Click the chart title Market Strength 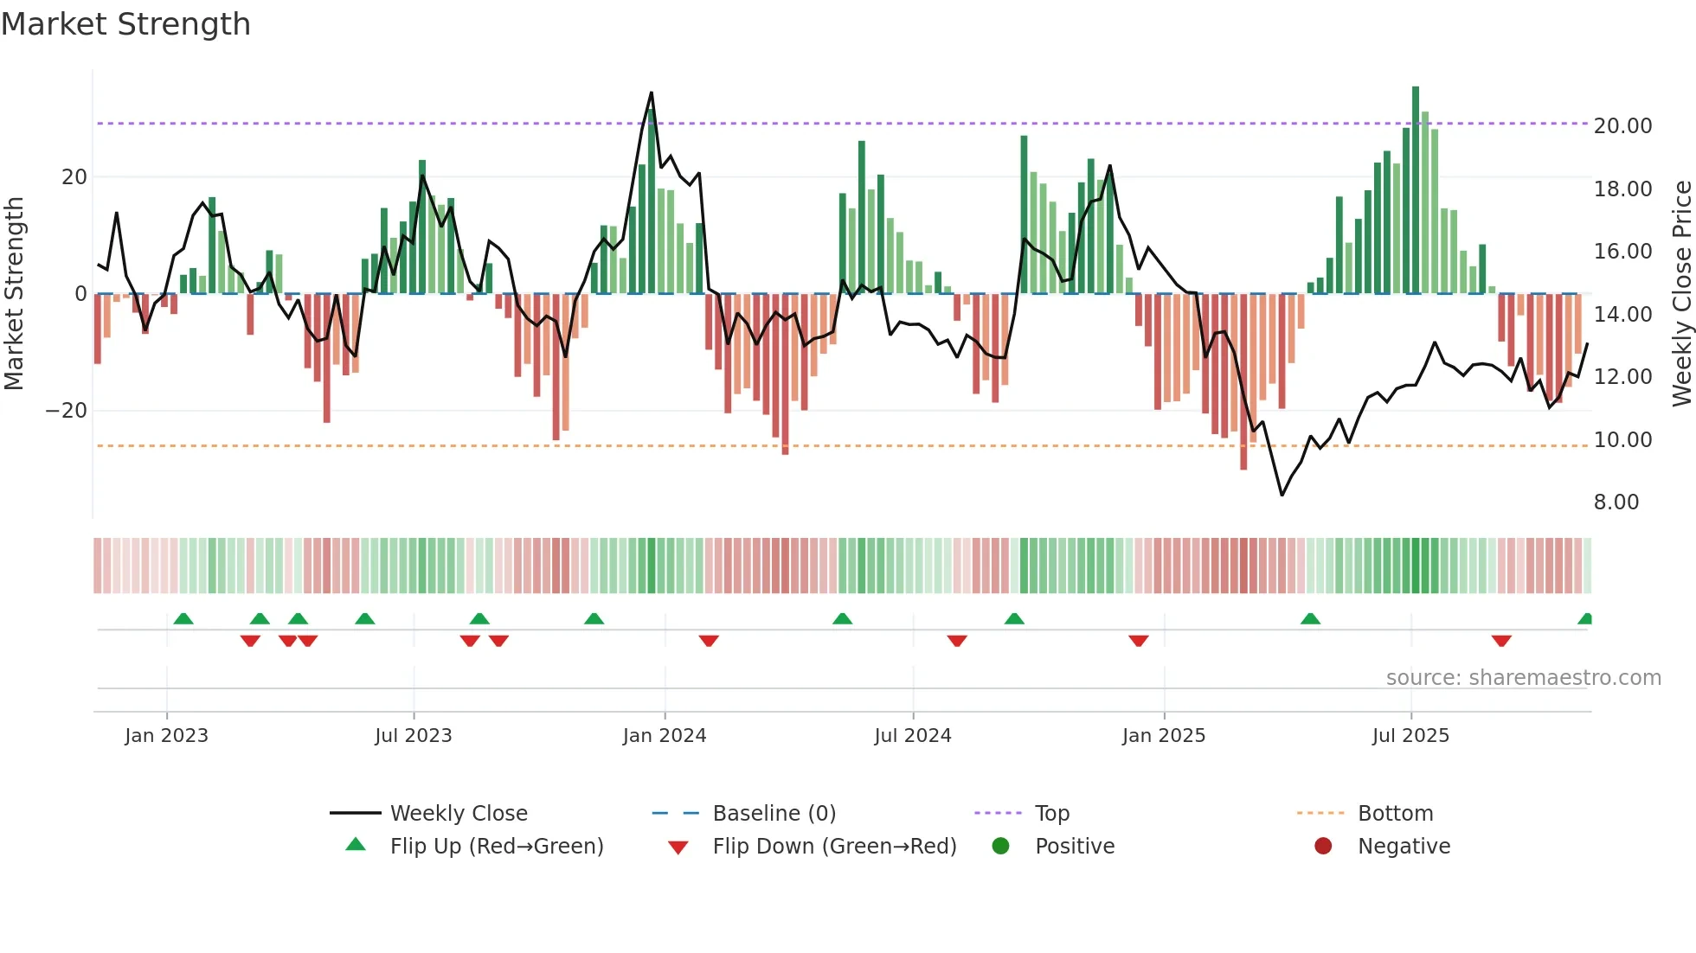point(125,24)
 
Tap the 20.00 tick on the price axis point(1622,126)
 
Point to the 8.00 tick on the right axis point(1616,502)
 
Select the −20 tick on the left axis point(67,411)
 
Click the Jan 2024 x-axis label point(664,736)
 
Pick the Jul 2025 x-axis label point(1410,736)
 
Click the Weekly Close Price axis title point(1681,294)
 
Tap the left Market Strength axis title point(15,294)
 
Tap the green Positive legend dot point(1000,847)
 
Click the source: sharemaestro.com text point(1523,678)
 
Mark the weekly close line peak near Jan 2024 point(652,93)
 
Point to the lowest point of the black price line point(1282,495)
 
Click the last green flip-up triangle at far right point(1585,619)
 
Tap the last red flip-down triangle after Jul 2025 point(1501,641)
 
